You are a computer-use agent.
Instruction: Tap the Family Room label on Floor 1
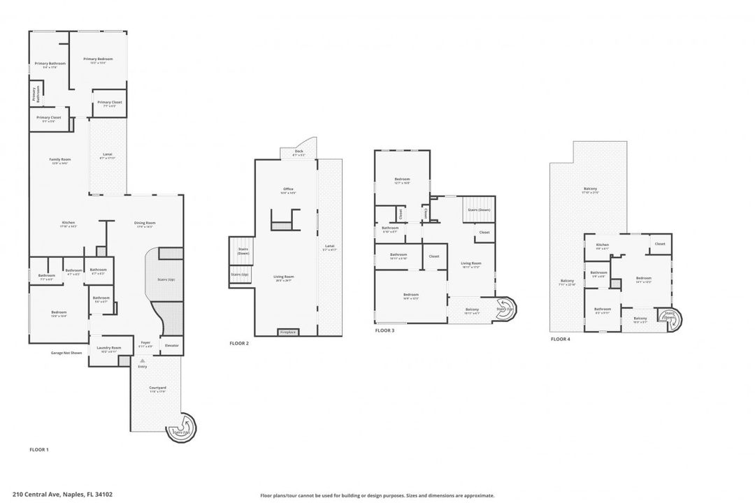coord(59,161)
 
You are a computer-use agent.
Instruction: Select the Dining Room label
coord(145,224)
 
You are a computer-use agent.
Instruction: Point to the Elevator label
coord(171,345)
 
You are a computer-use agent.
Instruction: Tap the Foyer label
coord(145,344)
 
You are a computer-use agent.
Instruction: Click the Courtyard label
coord(157,388)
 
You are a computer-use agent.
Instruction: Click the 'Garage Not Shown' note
coord(66,353)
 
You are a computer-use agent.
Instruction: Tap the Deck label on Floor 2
coord(299,152)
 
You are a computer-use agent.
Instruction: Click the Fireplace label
coord(288,333)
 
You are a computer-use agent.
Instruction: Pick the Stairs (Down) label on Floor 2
coord(243,251)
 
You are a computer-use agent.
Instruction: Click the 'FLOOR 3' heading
coord(384,330)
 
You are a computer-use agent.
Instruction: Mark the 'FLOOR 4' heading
coord(560,339)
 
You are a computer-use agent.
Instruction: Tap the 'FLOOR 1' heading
coord(38,449)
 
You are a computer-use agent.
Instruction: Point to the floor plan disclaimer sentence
coord(377,495)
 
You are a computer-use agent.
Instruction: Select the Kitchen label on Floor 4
coord(602,245)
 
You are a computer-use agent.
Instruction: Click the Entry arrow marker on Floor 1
coord(143,360)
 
